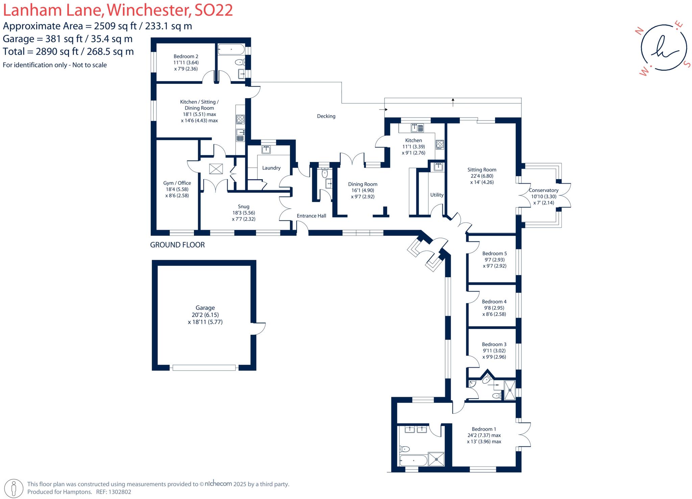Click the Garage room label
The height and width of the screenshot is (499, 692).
point(205,308)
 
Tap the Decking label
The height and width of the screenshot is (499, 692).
point(326,116)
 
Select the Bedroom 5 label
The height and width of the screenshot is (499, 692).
point(494,253)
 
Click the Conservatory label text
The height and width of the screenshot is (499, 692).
point(543,190)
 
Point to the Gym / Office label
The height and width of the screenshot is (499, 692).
point(177,183)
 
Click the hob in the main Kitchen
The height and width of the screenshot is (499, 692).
point(440,145)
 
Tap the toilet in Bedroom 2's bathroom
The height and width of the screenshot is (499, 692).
point(240,62)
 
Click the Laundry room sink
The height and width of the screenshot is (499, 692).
point(266,149)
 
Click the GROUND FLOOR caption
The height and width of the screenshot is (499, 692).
point(177,245)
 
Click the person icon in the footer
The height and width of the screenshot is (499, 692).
point(14,488)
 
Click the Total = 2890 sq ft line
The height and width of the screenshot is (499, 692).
point(68,51)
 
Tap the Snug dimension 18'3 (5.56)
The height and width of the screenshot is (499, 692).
point(243,213)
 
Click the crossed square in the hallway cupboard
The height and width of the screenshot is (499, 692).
point(216,169)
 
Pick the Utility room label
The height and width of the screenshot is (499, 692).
point(437,195)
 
